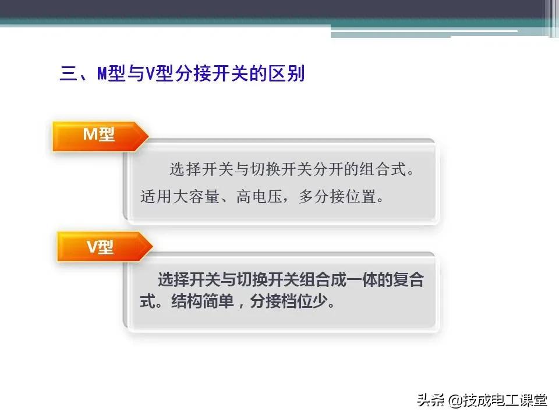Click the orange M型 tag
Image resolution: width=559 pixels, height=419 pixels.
tap(99, 136)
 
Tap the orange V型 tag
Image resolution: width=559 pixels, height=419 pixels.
tap(100, 247)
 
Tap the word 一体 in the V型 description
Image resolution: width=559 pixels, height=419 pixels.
tap(363, 280)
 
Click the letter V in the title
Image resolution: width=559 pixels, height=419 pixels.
tap(150, 74)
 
